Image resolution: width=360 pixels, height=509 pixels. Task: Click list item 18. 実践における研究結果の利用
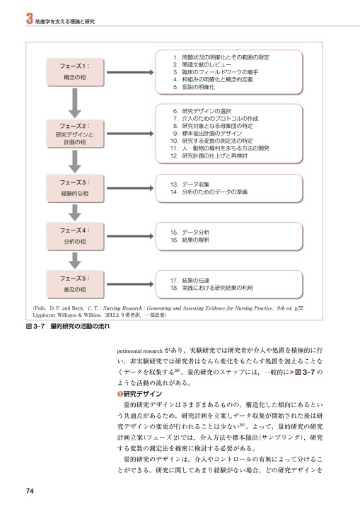(219, 288)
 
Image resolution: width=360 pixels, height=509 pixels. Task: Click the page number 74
(30, 491)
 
